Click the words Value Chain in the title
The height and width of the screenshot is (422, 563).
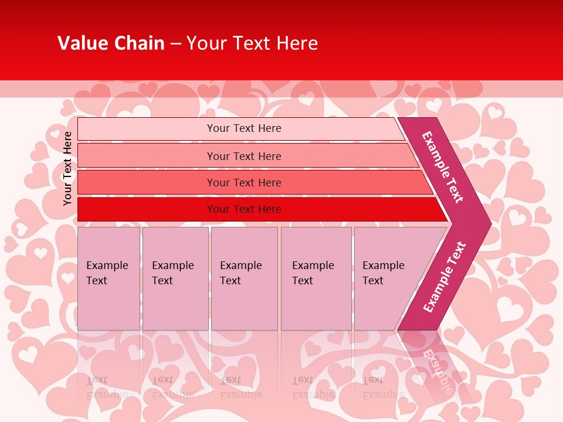click(111, 43)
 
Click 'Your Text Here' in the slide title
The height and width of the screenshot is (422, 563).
click(252, 43)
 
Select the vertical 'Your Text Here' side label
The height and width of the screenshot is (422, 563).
click(67, 168)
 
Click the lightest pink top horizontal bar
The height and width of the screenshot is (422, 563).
click(147, 129)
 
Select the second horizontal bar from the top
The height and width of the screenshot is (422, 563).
click(147, 156)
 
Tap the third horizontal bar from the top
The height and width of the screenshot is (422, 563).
click(147, 182)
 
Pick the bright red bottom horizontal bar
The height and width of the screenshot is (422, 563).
click(147, 209)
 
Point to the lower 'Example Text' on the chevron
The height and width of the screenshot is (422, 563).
click(445, 277)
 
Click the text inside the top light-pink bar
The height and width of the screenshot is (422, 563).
click(244, 128)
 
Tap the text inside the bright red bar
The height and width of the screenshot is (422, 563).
click(244, 209)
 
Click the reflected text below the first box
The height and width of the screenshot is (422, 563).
click(107, 387)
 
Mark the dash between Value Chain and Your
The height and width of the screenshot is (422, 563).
click(175, 44)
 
